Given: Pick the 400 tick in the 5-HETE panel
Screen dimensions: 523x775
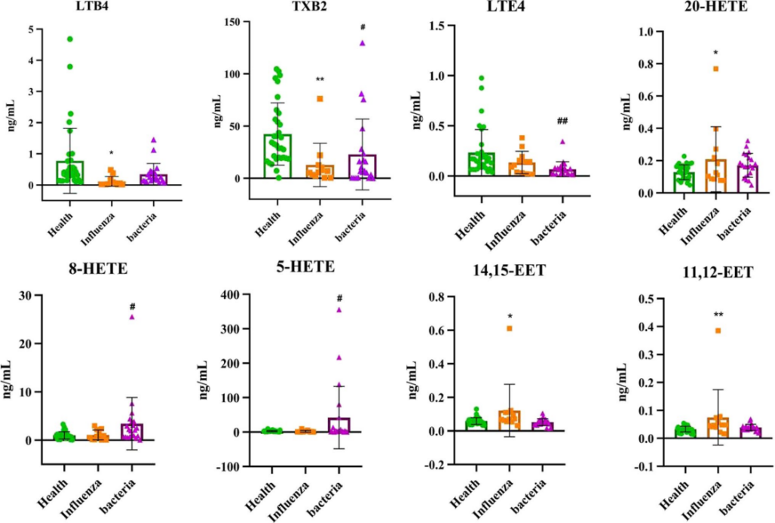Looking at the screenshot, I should pos(222,294).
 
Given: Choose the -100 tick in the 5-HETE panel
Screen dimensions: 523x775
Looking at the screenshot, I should pos(219,467).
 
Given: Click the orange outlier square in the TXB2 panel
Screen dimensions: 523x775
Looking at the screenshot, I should pos(320,99).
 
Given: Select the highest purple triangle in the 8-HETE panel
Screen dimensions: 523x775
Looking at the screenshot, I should pos(132,317).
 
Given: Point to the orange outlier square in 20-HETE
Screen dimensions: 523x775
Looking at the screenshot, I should pos(715,69).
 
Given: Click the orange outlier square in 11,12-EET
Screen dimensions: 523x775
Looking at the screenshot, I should pos(718,331).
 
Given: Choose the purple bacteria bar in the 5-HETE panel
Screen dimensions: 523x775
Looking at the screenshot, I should pos(339,426).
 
